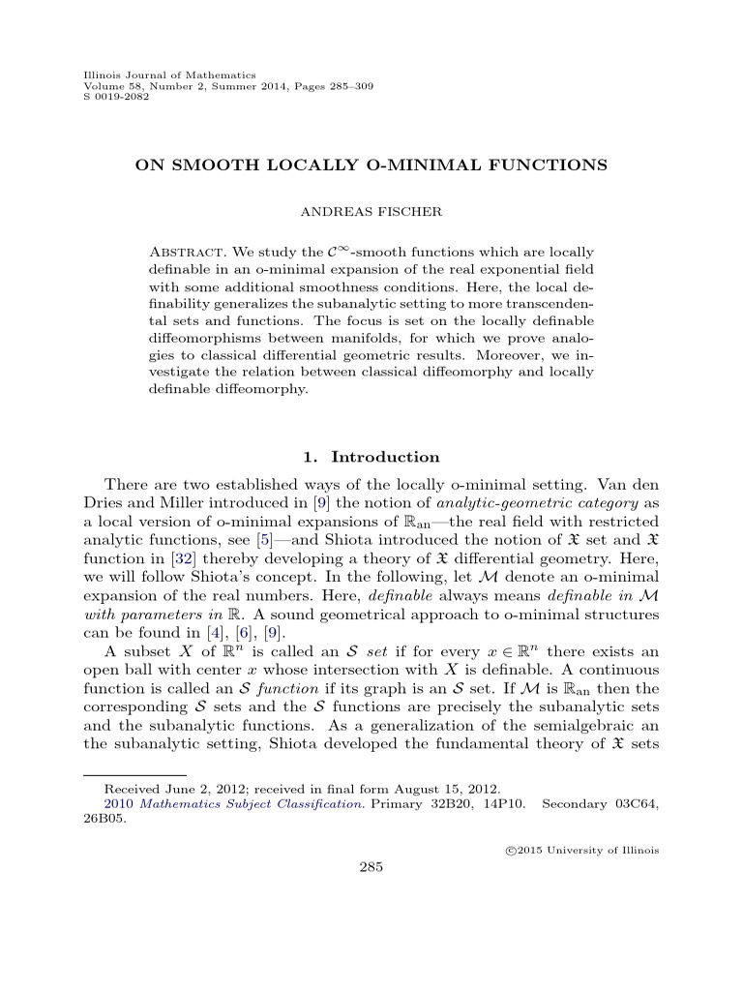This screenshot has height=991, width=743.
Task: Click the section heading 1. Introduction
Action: (x=371, y=457)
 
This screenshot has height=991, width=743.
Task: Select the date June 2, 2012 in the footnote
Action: (x=194, y=791)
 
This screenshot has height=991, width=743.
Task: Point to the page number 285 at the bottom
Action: (x=371, y=867)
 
